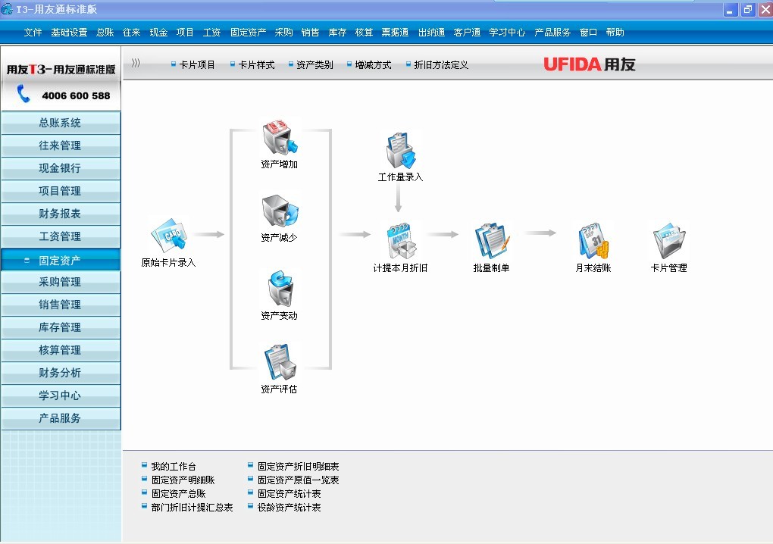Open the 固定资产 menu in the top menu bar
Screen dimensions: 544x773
tap(248, 33)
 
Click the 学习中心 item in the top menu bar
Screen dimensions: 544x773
tap(507, 33)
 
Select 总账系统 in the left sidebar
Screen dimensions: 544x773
tap(60, 123)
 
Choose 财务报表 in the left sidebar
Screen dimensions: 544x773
tap(60, 214)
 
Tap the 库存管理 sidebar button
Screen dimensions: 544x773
tap(60, 327)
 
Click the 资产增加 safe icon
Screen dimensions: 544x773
tap(279, 138)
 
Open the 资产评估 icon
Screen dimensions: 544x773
tap(279, 363)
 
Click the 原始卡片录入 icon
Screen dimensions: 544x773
tap(168, 236)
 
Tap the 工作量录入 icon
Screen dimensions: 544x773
tap(400, 151)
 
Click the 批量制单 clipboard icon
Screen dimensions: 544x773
tap(491, 241)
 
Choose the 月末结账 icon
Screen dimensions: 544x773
tap(593, 241)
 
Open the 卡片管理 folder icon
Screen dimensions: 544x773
tap(668, 241)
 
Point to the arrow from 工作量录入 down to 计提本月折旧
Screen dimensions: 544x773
tap(398, 199)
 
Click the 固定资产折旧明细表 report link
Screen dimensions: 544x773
tap(298, 467)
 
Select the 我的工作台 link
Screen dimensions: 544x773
tap(173, 467)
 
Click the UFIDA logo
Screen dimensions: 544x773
tap(590, 64)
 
